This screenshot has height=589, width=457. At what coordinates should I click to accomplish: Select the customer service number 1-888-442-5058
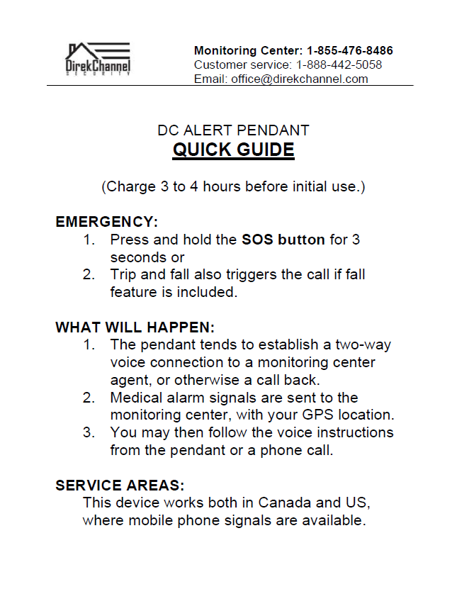pos(339,65)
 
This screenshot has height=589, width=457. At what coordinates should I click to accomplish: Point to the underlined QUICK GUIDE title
pos(234,150)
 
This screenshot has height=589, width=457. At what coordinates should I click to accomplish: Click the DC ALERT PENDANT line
pos(234,130)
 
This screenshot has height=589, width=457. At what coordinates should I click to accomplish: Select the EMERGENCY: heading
pos(106,222)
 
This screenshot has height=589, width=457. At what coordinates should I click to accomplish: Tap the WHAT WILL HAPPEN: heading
pos(135,327)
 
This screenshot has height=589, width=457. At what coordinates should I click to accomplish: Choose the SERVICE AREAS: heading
pos(120,486)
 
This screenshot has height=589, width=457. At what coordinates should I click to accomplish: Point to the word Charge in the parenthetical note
pos(128,187)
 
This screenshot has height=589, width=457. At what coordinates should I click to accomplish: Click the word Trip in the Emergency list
pos(123,274)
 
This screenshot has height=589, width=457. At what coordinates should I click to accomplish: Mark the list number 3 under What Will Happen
pos(89,432)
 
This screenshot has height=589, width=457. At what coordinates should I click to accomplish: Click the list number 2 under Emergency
pos(89,274)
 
